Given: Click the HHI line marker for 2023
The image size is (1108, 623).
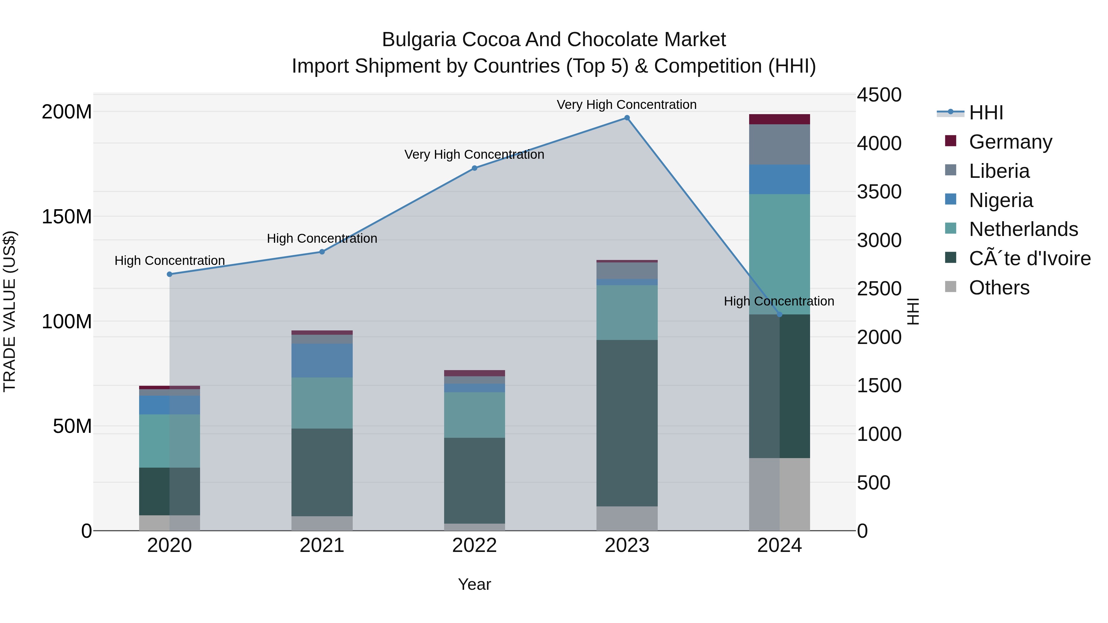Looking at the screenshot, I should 627,118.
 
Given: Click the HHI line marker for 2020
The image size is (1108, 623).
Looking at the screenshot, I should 170,274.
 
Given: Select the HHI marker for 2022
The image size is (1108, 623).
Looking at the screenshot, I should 474,168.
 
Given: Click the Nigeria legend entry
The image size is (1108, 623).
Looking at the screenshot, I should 1001,200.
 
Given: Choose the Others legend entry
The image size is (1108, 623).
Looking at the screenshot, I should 999,288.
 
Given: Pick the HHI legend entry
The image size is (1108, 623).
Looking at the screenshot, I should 986,113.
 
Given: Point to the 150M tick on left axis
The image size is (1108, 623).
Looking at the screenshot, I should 67,217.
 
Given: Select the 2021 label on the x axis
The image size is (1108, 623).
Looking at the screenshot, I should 322,545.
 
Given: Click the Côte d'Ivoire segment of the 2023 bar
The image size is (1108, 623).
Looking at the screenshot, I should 627,423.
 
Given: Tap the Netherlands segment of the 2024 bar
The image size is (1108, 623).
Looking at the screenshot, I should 779,254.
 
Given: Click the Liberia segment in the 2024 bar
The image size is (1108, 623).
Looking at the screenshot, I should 779,145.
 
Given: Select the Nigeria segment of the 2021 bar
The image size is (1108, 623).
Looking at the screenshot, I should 322,360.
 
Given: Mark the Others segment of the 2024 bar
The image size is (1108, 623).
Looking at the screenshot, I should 779,494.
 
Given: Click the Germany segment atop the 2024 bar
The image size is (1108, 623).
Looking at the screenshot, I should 779,119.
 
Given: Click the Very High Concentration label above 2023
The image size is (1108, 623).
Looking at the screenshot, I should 626,105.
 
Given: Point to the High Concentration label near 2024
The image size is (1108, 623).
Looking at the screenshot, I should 779,301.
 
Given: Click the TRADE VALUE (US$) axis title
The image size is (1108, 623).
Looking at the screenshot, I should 10,311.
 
